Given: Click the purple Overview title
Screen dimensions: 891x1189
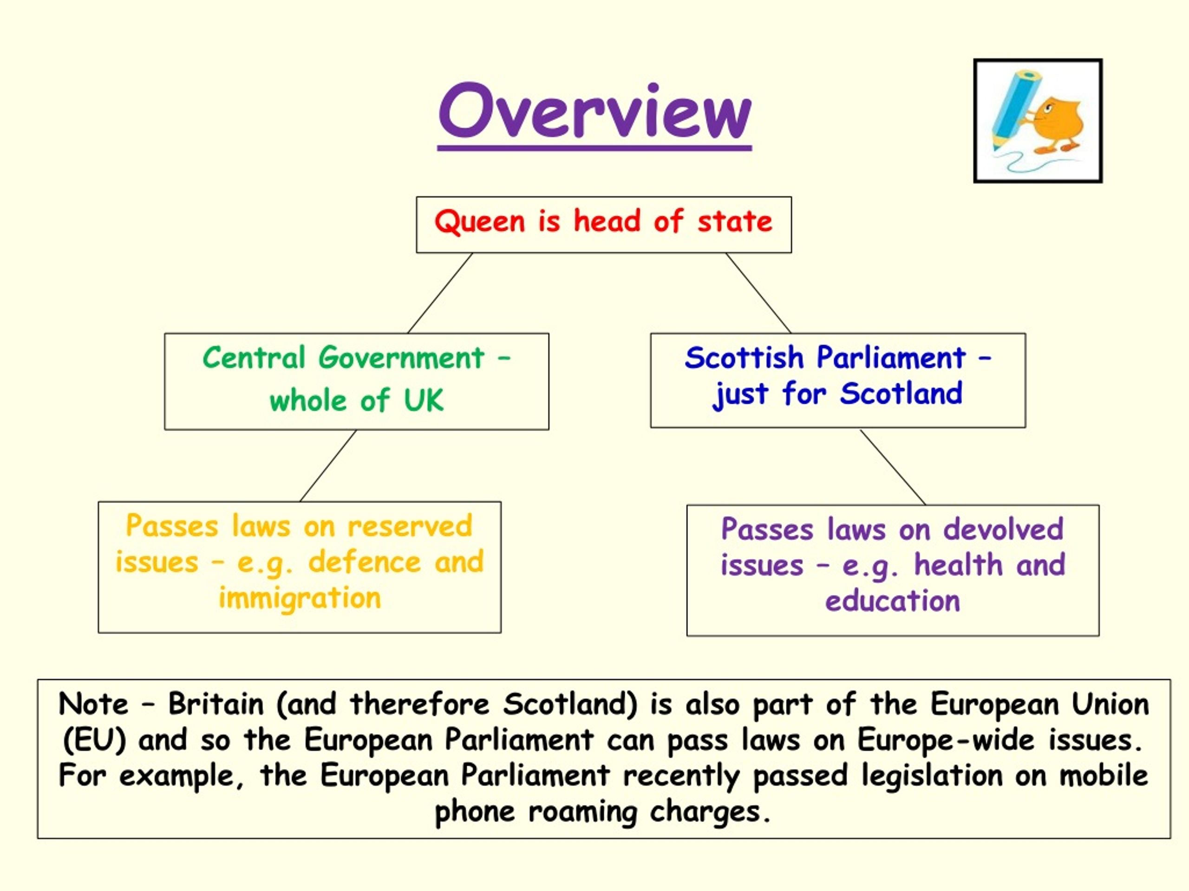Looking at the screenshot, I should click(x=594, y=112).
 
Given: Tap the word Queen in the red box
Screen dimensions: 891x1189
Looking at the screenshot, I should click(x=479, y=221).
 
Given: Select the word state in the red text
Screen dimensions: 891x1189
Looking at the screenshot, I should click(x=735, y=221).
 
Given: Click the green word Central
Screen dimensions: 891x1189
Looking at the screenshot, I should click(x=254, y=358).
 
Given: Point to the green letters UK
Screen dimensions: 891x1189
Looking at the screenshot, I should click(x=424, y=400).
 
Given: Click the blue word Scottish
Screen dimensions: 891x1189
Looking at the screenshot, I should click(x=744, y=358).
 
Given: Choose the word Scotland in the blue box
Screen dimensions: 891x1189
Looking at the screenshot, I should click(x=901, y=393).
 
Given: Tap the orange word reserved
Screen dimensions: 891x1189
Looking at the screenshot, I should click(x=410, y=526).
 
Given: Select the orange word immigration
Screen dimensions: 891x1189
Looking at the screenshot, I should click(x=300, y=598).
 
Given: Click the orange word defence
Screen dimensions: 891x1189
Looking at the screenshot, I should click(x=365, y=562).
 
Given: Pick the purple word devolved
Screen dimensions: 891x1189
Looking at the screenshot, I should click(x=1003, y=529).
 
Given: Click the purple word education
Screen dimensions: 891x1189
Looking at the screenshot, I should click(x=892, y=601).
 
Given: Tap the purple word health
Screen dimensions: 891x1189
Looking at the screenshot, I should click(x=959, y=565).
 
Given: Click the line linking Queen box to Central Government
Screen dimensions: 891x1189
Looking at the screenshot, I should click(x=440, y=293).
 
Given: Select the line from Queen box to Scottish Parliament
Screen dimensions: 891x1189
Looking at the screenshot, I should click(x=758, y=293).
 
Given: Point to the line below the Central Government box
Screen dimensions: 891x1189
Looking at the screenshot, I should click(x=328, y=465).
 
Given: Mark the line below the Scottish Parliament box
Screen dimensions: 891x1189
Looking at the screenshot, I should click(x=893, y=466).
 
